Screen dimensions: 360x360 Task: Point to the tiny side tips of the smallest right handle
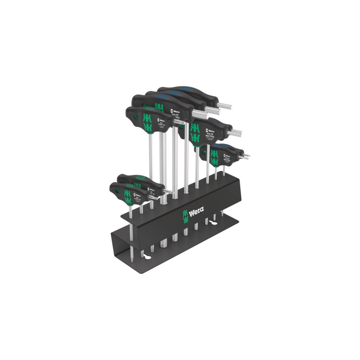click(x=247, y=157)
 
